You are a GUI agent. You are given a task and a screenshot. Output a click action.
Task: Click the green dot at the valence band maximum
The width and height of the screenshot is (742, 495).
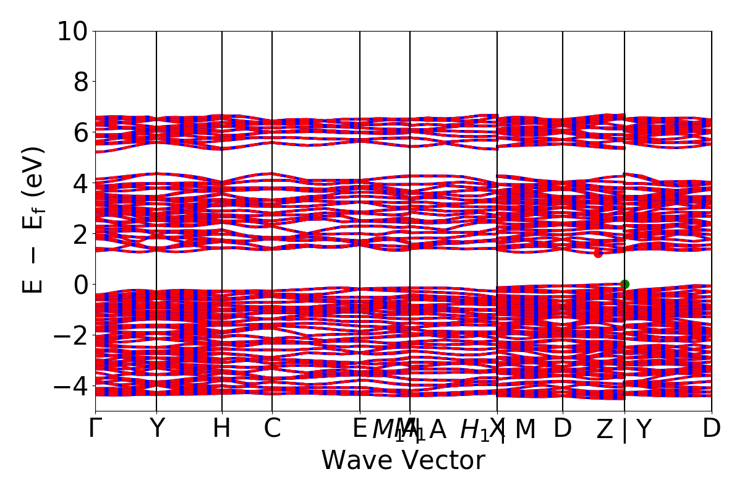(x=625, y=284)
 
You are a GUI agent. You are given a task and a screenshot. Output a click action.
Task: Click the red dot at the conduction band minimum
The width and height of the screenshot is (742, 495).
(x=597, y=253)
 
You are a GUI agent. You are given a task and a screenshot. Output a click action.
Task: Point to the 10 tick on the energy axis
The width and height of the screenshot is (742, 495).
(x=73, y=31)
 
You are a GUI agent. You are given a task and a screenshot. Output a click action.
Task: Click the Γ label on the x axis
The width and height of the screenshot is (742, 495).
(x=95, y=429)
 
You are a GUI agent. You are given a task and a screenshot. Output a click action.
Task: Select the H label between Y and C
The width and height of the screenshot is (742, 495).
(x=222, y=429)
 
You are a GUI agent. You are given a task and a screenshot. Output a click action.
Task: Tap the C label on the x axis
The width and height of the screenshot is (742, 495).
(x=273, y=429)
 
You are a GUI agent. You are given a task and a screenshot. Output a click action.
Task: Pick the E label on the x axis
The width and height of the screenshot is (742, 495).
(x=360, y=429)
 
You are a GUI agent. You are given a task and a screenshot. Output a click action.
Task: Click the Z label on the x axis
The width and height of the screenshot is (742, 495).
(x=604, y=430)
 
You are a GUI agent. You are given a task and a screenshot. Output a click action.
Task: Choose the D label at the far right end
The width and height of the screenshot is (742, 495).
(x=712, y=429)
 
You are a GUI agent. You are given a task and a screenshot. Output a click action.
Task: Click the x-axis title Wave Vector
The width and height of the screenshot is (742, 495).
(x=403, y=461)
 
